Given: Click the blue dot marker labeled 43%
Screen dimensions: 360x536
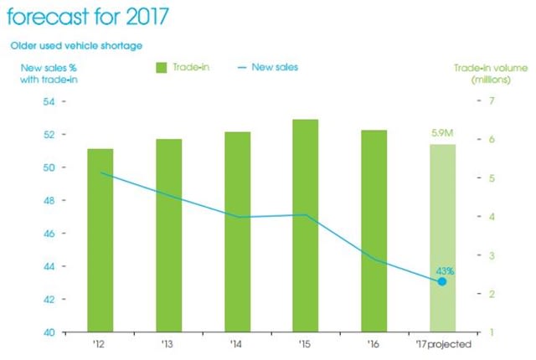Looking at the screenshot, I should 442,281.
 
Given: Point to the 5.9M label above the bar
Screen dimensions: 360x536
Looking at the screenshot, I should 442,132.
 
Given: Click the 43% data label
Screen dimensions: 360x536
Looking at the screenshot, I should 445,270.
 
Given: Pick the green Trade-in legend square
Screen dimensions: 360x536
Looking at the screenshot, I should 162,66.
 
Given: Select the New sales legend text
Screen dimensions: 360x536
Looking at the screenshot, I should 275,66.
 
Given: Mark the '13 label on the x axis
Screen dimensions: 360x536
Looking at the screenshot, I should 168,345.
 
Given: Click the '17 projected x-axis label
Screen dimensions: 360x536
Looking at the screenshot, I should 442,345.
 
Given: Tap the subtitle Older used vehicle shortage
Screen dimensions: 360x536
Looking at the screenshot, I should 76,44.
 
